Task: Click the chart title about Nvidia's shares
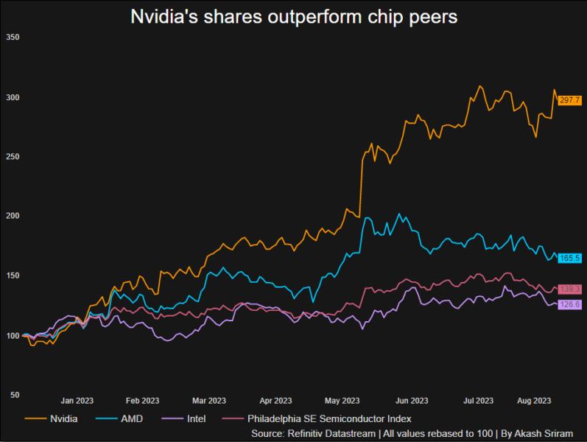pyautogui.click(x=294, y=16)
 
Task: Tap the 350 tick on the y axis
pyautogui.click(x=13, y=37)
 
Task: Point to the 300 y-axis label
pyautogui.click(x=13, y=97)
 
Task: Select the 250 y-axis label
pyautogui.click(x=13, y=157)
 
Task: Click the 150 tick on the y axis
pyautogui.click(x=13, y=276)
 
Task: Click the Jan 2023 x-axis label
pyautogui.click(x=78, y=401)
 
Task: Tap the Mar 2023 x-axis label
pyautogui.click(x=209, y=401)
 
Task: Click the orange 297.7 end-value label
pyautogui.click(x=570, y=99)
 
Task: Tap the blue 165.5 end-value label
pyautogui.click(x=570, y=258)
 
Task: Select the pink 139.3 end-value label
pyautogui.click(x=570, y=289)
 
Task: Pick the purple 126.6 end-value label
pyautogui.click(x=570, y=304)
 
